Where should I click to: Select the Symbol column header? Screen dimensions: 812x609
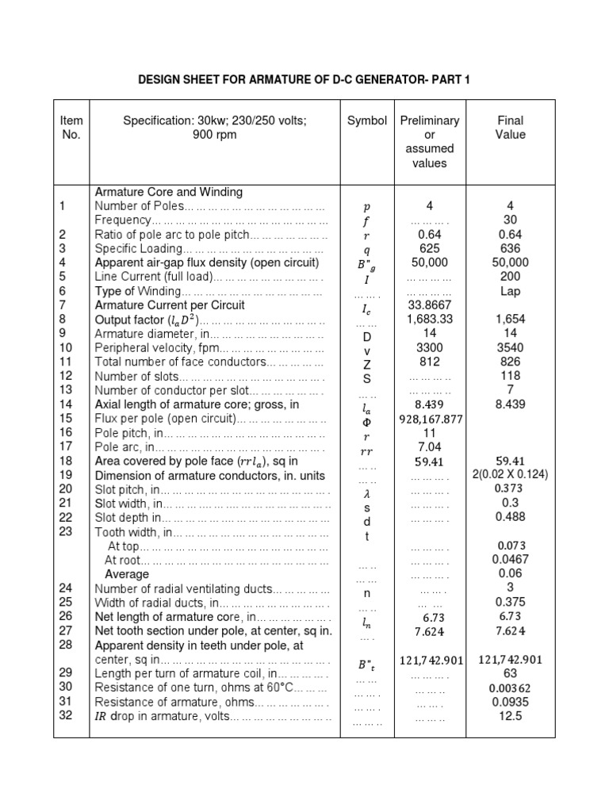click(x=367, y=121)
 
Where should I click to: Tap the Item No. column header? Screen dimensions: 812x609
click(x=71, y=128)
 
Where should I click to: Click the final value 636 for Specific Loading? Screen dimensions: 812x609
click(x=511, y=248)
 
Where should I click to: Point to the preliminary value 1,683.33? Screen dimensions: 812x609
click(x=429, y=320)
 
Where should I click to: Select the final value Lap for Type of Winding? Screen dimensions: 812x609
click(x=511, y=291)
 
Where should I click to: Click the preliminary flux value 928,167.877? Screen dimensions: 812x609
click(x=430, y=419)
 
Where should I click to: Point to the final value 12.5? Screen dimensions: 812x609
click(x=511, y=716)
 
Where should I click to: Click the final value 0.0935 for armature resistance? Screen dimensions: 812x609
click(x=511, y=702)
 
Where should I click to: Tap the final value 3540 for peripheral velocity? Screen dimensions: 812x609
click(x=511, y=348)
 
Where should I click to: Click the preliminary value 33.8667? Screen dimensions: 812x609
click(x=429, y=305)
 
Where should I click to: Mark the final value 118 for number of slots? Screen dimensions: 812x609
click(x=511, y=376)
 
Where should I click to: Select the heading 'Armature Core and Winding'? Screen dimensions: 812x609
click(x=169, y=192)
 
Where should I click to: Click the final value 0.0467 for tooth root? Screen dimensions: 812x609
click(x=511, y=559)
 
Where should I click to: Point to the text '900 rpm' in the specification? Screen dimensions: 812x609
click(x=214, y=135)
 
